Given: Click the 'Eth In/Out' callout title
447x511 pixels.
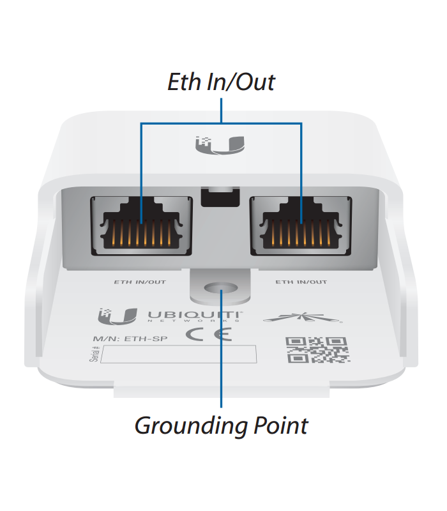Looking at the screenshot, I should tap(221, 82).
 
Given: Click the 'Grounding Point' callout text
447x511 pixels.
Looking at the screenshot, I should tap(221, 425).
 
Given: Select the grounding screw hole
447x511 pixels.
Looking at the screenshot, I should tap(221, 289).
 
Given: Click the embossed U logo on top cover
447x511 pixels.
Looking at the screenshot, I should tap(221, 146).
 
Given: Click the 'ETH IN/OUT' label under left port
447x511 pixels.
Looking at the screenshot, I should tap(140, 282).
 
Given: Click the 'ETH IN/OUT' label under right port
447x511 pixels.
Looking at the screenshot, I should tap(301, 282).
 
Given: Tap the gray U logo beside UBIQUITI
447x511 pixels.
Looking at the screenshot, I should tap(117, 316).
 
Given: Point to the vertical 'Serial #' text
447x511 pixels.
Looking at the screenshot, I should tap(95, 355).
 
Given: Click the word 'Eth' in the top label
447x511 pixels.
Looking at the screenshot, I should tap(182, 82).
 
